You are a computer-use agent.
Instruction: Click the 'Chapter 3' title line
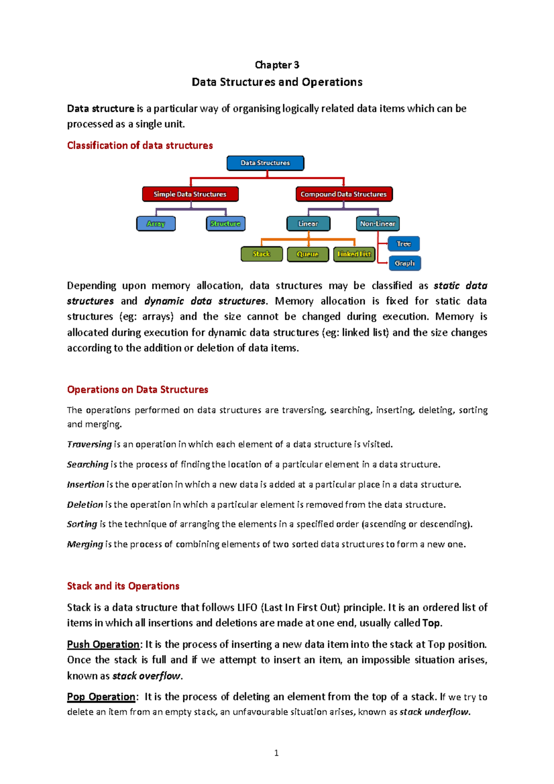pyautogui.click(x=277, y=65)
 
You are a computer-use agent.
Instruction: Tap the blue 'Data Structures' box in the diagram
pyautogui.click(x=265, y=163)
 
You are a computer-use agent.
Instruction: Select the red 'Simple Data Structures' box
pyautogui.click(x=190, y=194)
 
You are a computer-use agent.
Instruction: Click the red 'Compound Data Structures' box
pyautogui.click(x=343, y=194)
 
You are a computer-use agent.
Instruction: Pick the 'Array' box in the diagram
pyautogui.click(x=156, y=224)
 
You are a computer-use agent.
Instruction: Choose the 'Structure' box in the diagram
pyautogui.click(x=225, y=224)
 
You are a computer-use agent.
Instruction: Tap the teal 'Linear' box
pyautogui.click(x=308, y=224)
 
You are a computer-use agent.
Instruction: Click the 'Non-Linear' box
pyautogui.click(x=377, y=224)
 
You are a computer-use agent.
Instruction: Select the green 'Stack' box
pyautogui.click(x=261, y=254)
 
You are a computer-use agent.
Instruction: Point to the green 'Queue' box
pyautogui.click(x=307, y=254)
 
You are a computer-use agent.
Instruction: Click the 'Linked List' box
pyautogui.click(x=354, y=254)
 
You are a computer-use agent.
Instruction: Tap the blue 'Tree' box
pyautogui.click(x=403, y=244)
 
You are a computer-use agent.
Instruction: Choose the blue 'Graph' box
pyautogui.click(x=404, y=263)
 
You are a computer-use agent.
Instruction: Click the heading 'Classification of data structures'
pyautogui.click(x=140, y=145)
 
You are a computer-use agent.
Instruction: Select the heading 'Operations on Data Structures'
pyautogui.click(x=138, y=390)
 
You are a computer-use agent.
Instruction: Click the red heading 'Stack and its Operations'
pyautogui.click(x=123, y=586)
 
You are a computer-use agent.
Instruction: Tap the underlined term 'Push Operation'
pyautogui.click(x=103, y=645)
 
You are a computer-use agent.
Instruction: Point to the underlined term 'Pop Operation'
pyautogui.click(x=101, y=697)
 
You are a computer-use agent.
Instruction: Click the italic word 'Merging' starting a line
pyautogui.click(x=85, y=544)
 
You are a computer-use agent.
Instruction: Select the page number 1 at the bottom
pyautogui.click(x=276, y=753)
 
